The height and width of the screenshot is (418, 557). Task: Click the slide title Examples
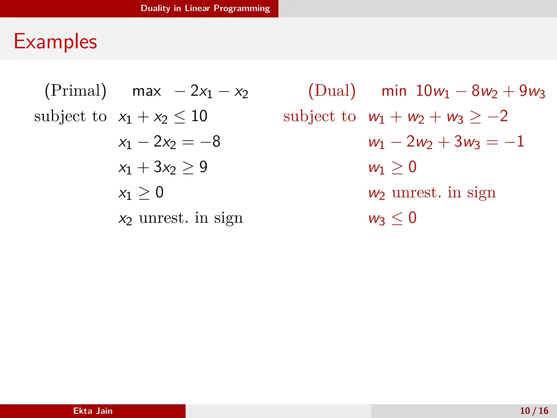coord(55,41)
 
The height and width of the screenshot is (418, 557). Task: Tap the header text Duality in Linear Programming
coord(205,8)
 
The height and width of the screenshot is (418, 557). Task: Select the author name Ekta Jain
coord(93,411)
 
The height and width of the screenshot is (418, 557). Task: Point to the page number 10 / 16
coord(534,411)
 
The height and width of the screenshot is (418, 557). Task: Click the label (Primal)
coord(76,91)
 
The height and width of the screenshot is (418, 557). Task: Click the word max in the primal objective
coord(147,91)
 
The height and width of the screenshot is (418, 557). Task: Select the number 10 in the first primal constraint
coord(199,116)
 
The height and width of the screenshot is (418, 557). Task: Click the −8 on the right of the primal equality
coord(210,142)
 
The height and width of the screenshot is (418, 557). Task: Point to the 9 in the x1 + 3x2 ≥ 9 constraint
coord(203,167)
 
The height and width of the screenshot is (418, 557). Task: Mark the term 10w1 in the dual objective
coord(432,91)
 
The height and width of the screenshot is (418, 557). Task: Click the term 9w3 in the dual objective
coord(532,91)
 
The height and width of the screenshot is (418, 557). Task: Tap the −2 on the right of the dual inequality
coord(498,116)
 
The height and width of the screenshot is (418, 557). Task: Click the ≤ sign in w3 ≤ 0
coord(397,219)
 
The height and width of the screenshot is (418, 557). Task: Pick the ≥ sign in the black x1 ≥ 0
coord(144,193)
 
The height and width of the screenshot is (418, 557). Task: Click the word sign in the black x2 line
coord(228,219)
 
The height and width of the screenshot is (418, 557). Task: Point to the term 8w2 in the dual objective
coord(484,91)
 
